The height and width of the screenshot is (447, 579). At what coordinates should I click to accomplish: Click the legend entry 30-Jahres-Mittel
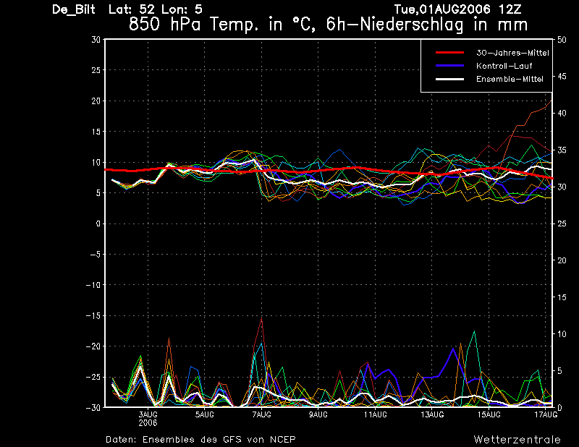coord(512,53)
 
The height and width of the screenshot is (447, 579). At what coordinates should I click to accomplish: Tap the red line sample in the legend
coord(449,53)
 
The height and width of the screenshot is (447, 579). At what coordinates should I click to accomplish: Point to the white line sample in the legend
coord(449,79)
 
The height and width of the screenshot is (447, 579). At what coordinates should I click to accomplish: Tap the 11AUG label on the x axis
coord(374,414)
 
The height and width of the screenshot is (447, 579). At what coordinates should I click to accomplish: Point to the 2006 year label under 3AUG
coord(148,422)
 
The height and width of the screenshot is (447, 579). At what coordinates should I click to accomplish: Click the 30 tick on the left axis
coord(96,40)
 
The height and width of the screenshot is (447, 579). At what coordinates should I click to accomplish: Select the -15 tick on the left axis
coord(93,316)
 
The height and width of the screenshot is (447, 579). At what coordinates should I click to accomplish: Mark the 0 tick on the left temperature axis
coord(97,224)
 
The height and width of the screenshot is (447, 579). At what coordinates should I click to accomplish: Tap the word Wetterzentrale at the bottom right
coord(517,439)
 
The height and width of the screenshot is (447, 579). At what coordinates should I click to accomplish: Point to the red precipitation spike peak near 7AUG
coord(261,318)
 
